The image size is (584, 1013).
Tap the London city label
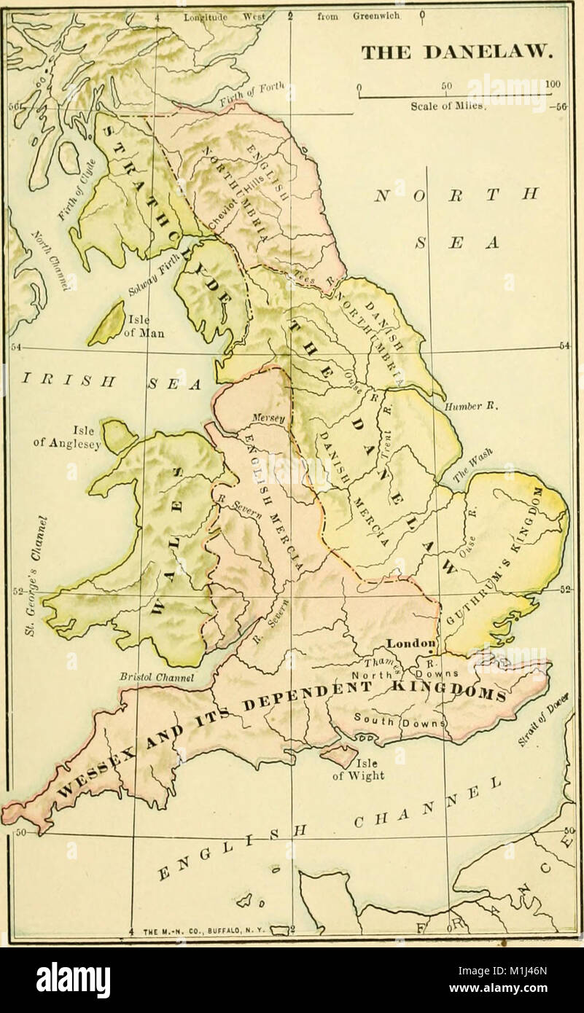(410, 643)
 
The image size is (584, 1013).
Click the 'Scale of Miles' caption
(443, 103)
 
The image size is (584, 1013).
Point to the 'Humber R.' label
(467, 407)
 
